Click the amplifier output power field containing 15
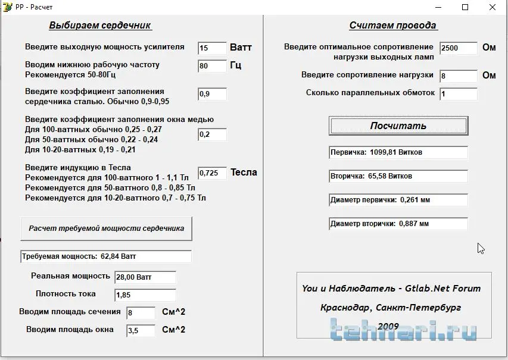click(x=212, y=48)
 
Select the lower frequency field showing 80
click(x=212, y=66)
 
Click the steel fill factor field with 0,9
click(x=212, y=94)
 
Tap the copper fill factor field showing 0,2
click(x=212, y=134)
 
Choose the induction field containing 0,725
click(x=212, y=173)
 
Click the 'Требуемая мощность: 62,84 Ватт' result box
click(x=106, y=256)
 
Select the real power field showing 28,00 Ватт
click(x=145, y=277)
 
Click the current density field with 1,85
click(x=145, y=295)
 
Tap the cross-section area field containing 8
click(x=141, y=312)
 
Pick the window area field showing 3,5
click(x=141, y=330)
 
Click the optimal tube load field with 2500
click(x=459, y=48)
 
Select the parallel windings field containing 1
click(x=459, y=94)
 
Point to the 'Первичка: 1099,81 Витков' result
click(x=398, y=152)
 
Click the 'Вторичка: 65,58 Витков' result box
click(x=398, y=176)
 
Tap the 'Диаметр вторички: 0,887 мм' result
click(x=398, y=224)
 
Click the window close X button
click(x=493, y=7)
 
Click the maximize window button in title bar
click(x=465, y=7)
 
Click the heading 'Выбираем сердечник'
click(x=100, y=26)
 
